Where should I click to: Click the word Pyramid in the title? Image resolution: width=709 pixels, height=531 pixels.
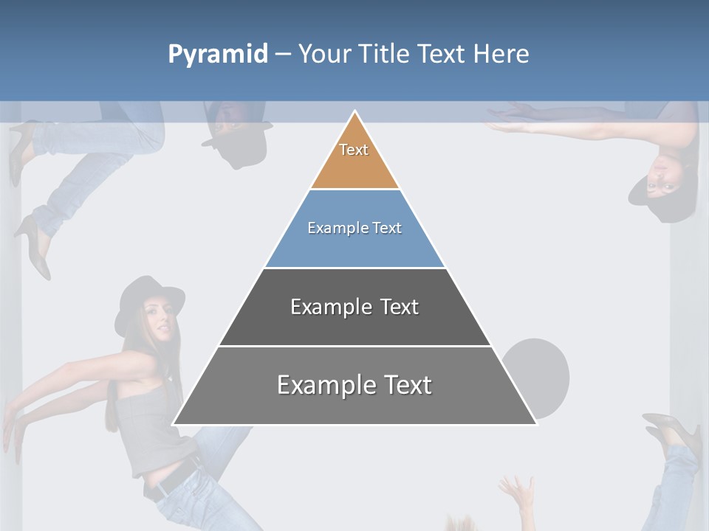coord(218,55)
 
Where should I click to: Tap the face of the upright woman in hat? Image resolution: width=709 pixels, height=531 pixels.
coord(161,319)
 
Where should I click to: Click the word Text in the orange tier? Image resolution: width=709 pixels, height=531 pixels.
coord(354,150)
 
